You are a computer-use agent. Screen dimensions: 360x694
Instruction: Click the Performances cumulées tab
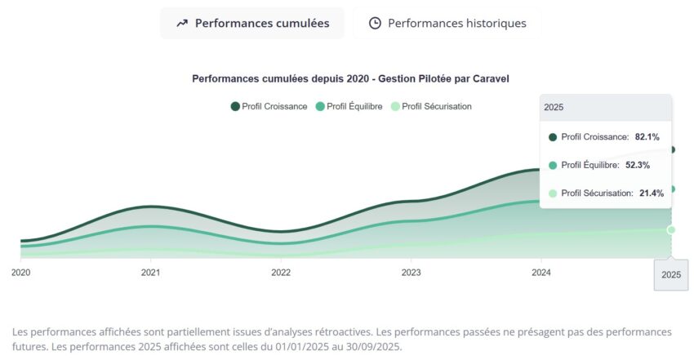click(x=252, y=23)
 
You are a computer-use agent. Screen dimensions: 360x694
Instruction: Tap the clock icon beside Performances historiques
click(x=375, y=23)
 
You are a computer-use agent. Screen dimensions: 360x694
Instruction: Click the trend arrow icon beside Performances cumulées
click(x=181, y=23)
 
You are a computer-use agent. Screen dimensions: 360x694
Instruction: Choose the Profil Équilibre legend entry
click(x=349, y=106)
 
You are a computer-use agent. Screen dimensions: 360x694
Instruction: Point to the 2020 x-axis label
click(x=21, y=272)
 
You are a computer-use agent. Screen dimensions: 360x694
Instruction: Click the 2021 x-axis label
click(x=150, y=272)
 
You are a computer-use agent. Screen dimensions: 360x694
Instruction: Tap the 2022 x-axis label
click(x=281, y=272)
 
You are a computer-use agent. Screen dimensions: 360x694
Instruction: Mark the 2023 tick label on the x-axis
click(x=411, y=272)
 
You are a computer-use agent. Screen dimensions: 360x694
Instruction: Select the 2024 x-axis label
click(x=541, y=272)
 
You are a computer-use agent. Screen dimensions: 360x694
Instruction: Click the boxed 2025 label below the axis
click(x=671, y=275)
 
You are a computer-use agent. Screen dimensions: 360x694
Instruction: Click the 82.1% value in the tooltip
click(x=647, y=137)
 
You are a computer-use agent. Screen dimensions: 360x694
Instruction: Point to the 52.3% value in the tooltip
click(x=638, y=165)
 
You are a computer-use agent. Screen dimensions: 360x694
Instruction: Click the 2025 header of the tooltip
click(x=554, y=107)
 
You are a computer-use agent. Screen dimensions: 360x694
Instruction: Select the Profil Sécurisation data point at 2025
click(x=671, y=229)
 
